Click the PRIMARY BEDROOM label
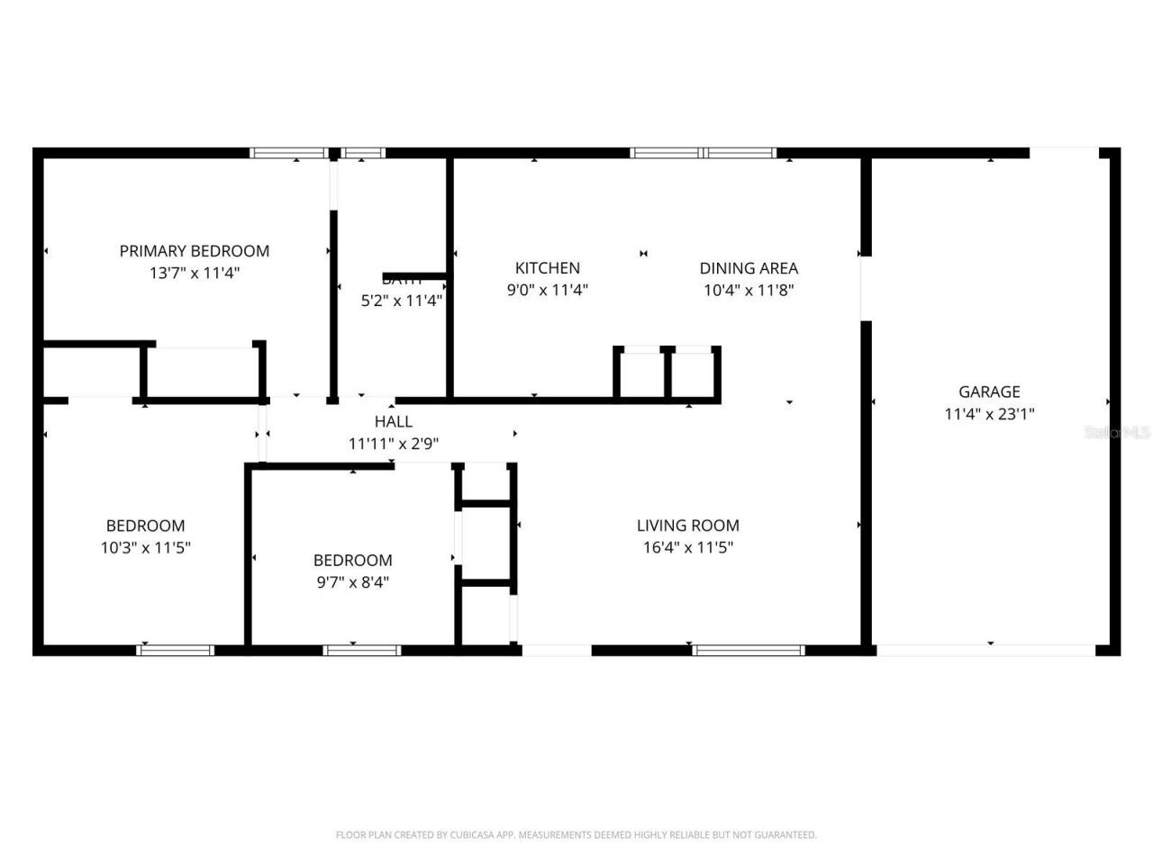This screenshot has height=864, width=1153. tap(195, 251)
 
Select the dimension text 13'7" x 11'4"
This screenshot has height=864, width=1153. tap(195, 273)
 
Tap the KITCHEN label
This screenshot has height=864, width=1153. tap(547, 268)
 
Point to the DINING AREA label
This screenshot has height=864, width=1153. tap(749, 268)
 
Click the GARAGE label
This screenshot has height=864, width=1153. tap(989, 391)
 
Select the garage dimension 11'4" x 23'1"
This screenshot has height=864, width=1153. tap(989, 414)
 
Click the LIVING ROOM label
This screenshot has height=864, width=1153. tap(687, 526)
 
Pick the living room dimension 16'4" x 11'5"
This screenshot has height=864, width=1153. tap(687, 547)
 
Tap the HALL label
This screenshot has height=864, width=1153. tap(394, 421)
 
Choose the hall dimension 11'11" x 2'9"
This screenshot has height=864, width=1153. tap(394, 444)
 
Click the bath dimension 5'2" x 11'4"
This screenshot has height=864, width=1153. tap(402, 301)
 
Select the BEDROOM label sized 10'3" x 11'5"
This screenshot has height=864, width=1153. tap(145, 526)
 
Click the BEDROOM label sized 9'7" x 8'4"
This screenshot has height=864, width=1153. tap(352, 560)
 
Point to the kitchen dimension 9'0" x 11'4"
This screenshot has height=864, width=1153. tap(547, 290)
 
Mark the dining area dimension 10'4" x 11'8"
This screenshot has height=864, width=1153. tap(749, 290)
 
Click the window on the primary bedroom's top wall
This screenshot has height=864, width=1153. tap(288, 153)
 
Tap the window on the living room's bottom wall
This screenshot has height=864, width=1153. tap(748, 649)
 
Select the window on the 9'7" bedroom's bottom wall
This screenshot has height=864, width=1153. tap(362, 649)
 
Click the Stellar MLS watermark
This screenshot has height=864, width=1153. tap(1117, 433)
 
